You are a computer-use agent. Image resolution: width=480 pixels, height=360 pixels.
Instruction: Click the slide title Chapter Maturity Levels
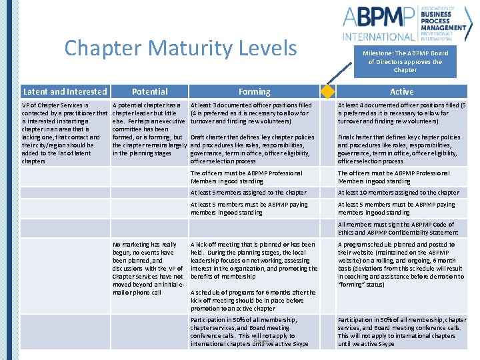point(181,48)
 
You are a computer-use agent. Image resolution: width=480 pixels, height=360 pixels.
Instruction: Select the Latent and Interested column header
point(65,91)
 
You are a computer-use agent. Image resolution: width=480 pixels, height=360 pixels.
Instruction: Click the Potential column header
point(149,91)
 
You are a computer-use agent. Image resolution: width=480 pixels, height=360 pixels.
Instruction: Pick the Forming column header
point(254,91)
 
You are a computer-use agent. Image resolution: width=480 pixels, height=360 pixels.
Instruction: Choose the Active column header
point(401,91)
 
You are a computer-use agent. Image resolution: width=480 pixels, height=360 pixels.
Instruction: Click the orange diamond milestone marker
point(327,91)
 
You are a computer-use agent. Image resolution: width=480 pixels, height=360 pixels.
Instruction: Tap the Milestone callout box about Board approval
point(405,61)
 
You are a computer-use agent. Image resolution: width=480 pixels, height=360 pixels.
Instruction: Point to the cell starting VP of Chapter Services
point(61,133)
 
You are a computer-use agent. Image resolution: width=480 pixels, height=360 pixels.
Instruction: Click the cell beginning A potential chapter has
point(149,129)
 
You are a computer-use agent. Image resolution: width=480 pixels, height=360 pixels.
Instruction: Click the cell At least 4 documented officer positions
point(402,113)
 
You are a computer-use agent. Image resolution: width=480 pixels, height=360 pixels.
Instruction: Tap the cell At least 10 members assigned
point(398,193)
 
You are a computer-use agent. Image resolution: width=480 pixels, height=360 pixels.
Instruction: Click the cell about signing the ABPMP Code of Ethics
point(398,229)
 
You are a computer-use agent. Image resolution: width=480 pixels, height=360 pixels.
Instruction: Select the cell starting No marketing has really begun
point(148,268)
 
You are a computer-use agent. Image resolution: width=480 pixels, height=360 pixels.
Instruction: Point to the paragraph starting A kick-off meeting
point(254,260)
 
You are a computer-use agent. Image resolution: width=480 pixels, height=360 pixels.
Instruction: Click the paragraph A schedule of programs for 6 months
point(253,300)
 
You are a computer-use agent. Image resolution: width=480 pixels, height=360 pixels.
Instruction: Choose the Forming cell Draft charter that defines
point(253,149)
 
